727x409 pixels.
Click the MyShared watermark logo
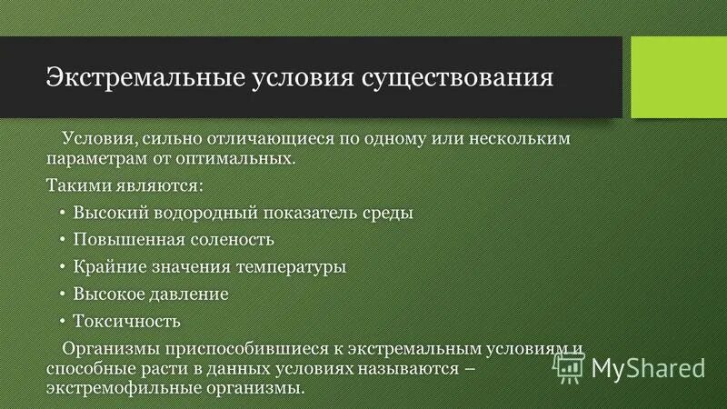tap(630, 366)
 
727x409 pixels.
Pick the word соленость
tap(232, 240)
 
